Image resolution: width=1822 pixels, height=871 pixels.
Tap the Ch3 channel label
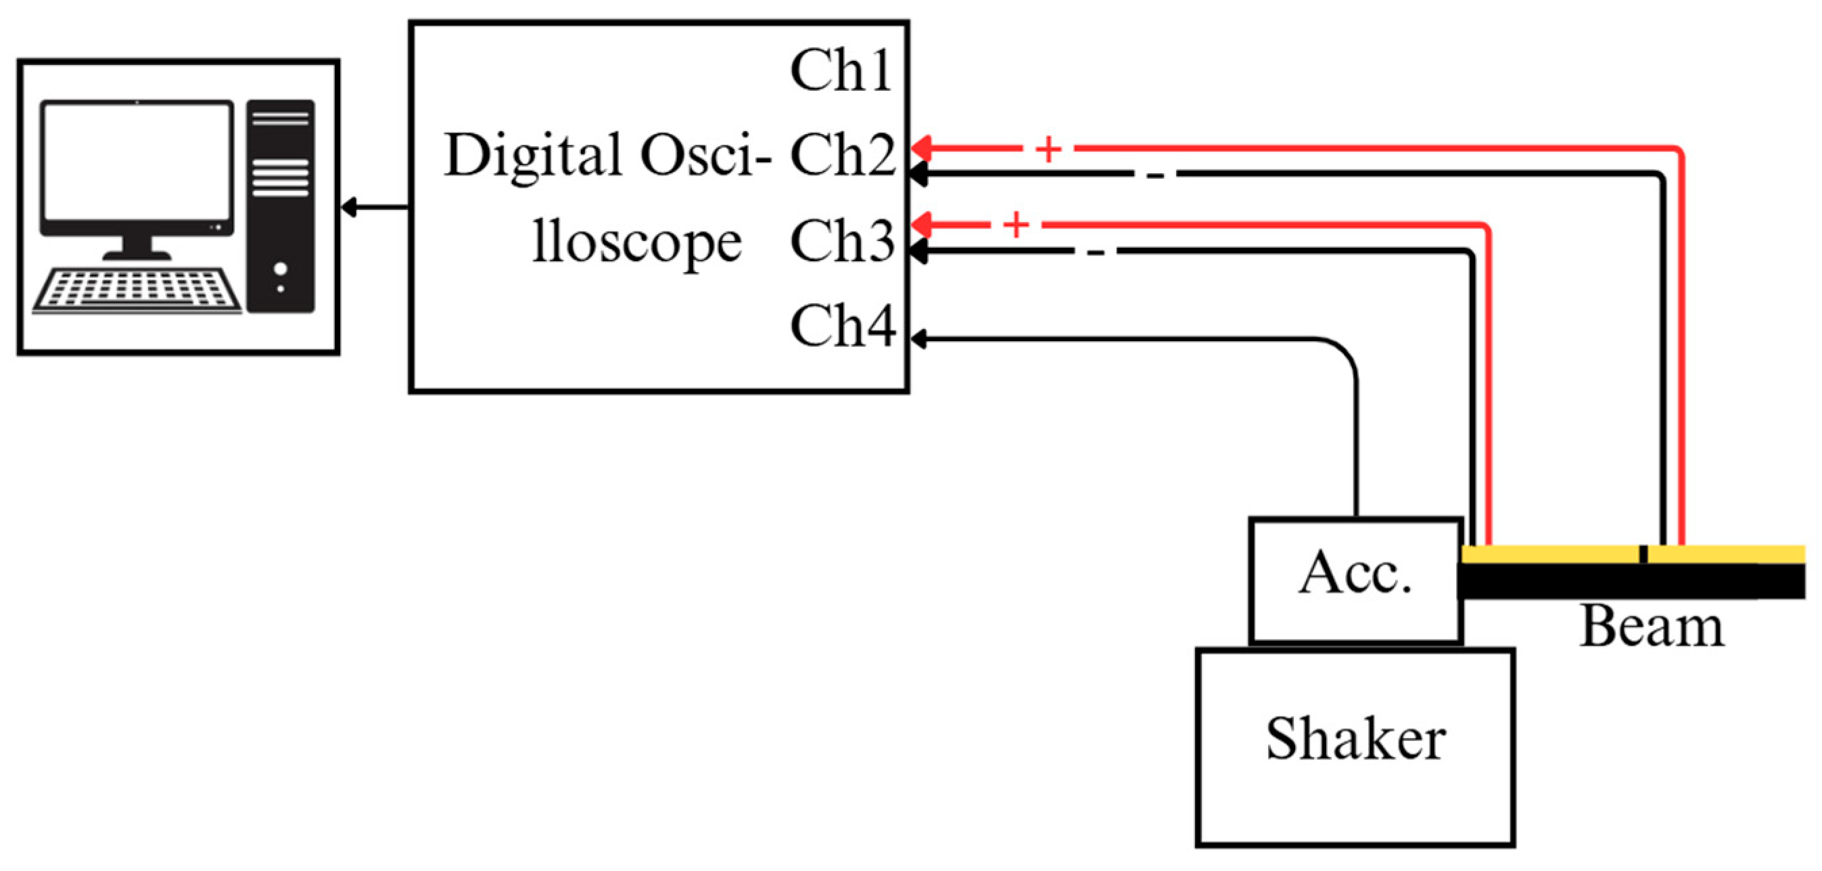point(843,240)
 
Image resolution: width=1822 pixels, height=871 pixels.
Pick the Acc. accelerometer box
point(1356,580)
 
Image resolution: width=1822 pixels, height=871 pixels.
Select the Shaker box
point(1355,746)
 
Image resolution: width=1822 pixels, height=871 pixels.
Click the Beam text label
point(1652,626)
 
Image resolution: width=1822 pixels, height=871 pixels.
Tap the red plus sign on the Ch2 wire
point(1048,150)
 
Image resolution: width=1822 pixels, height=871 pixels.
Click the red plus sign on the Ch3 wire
point(1017,225)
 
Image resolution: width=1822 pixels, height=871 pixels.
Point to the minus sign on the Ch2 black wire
point(1154,175)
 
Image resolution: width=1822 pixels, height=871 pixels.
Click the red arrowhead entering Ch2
point(921,150)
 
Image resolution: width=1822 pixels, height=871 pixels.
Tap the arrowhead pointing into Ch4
point(918,340)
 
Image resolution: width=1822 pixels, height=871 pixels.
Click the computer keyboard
point(137,290)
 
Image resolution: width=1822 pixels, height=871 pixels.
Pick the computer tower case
point(281,206)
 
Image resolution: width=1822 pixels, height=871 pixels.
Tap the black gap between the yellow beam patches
point(1642,554)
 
